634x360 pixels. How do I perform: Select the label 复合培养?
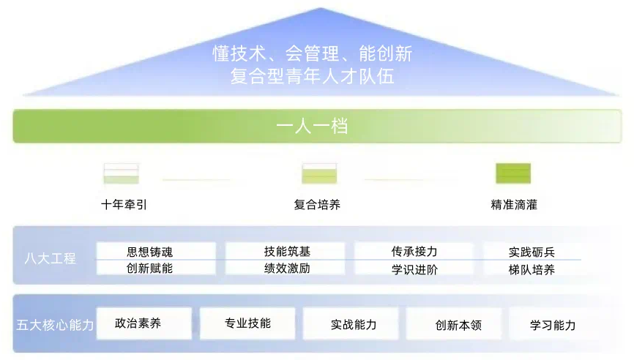pyautogui.click(x=317, y=205)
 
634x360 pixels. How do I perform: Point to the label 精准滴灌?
pyautogui.click(x=514, y=205)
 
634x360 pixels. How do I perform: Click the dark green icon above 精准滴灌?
pyautogui.click(x=513, y=173)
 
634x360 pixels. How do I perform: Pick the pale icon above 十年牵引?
pyautogui.click(x=122, y=173)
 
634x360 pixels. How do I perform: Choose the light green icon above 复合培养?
pyautogui.click(x=319, y=173)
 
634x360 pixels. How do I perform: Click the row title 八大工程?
pyautogui.click(x=50, y=258)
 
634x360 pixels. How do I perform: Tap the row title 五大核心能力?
pyautogui.click(x=55, y=325)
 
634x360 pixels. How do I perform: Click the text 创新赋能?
pyautogui.click(x=150, y=269)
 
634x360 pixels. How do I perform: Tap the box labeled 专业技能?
pyautogui.click(x=247, y=323)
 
